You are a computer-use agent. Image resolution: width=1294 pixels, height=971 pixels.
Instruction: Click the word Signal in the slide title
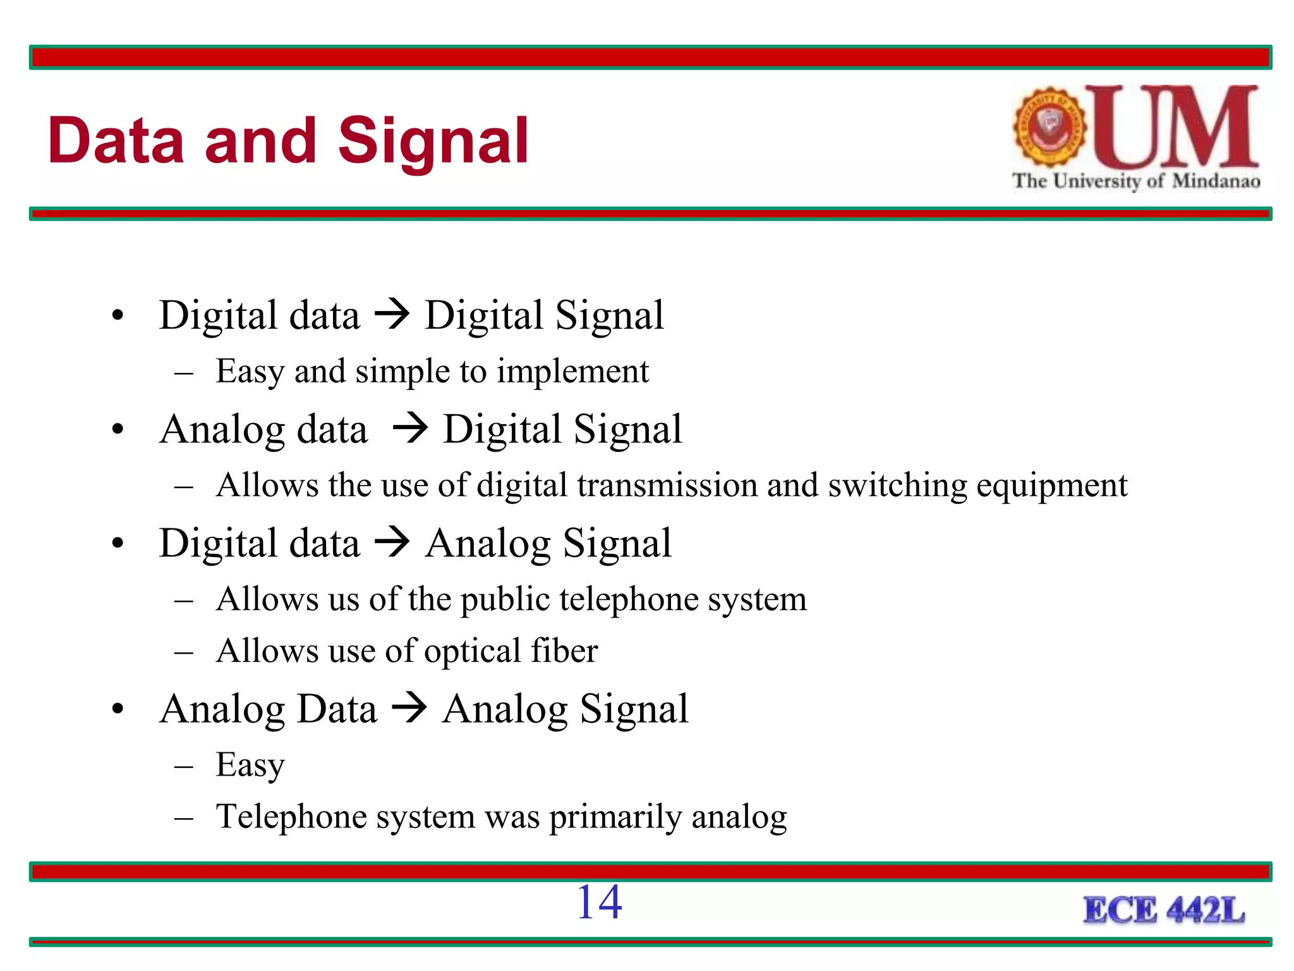click(433, 143)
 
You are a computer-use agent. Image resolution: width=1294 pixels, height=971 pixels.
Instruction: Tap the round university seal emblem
click(1049, 126)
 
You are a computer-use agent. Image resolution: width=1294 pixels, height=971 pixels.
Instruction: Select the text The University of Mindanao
click(1136, 181)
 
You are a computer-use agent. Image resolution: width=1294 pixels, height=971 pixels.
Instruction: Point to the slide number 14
click(599, 903)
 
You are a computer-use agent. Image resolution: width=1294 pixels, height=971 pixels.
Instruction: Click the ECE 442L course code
click(1164, 911)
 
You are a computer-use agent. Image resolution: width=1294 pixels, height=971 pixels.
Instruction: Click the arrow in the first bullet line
click(392, 314)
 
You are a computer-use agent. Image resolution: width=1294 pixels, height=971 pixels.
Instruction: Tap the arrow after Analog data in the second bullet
click(410, 429)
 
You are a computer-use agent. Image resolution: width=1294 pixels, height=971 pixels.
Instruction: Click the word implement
click(572, 372)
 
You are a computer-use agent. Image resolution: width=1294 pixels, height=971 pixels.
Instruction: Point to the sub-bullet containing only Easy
click(250, 765)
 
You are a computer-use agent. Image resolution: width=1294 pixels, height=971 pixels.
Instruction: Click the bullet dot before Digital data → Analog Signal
click(118, 544)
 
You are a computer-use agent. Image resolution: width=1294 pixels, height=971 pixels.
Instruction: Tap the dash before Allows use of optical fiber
click(183, 652)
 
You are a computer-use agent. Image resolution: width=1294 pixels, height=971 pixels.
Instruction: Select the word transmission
click(667, 486)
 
